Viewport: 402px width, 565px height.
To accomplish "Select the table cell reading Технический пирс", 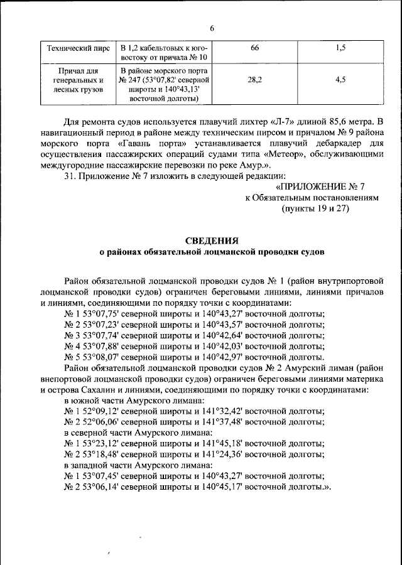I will [x=75, y=48].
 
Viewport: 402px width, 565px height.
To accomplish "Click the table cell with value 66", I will [x=254, y=48].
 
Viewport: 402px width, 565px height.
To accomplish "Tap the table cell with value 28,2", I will [x=254, y=80].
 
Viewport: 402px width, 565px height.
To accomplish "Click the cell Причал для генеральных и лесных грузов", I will [x=75, y=80].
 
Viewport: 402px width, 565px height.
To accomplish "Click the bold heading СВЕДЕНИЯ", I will [x=212, y=240].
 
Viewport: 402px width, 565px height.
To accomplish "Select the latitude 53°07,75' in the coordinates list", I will [x=99, y=313].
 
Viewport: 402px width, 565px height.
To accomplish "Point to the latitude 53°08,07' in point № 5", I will [x=99, y=357].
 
